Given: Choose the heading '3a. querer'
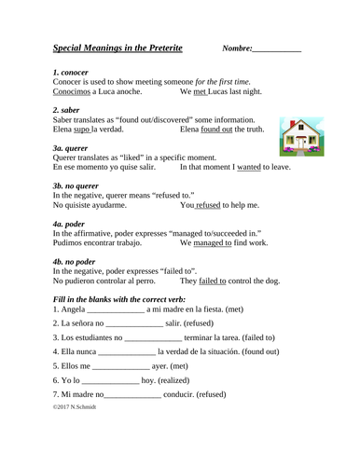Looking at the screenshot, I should pos(72,146).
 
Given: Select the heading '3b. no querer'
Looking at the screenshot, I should pos(80,185).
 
